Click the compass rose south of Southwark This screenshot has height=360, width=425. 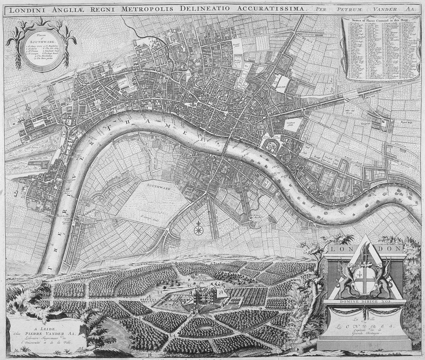(199, 228)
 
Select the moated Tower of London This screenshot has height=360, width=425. (271, 146)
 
